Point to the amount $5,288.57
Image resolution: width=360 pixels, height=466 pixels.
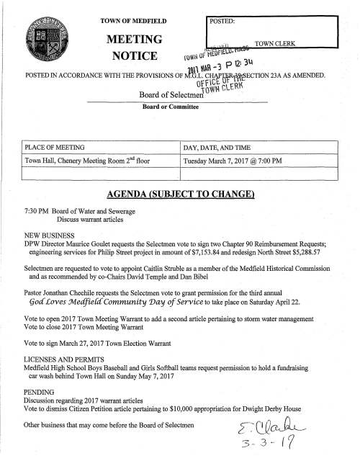point(330,264)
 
